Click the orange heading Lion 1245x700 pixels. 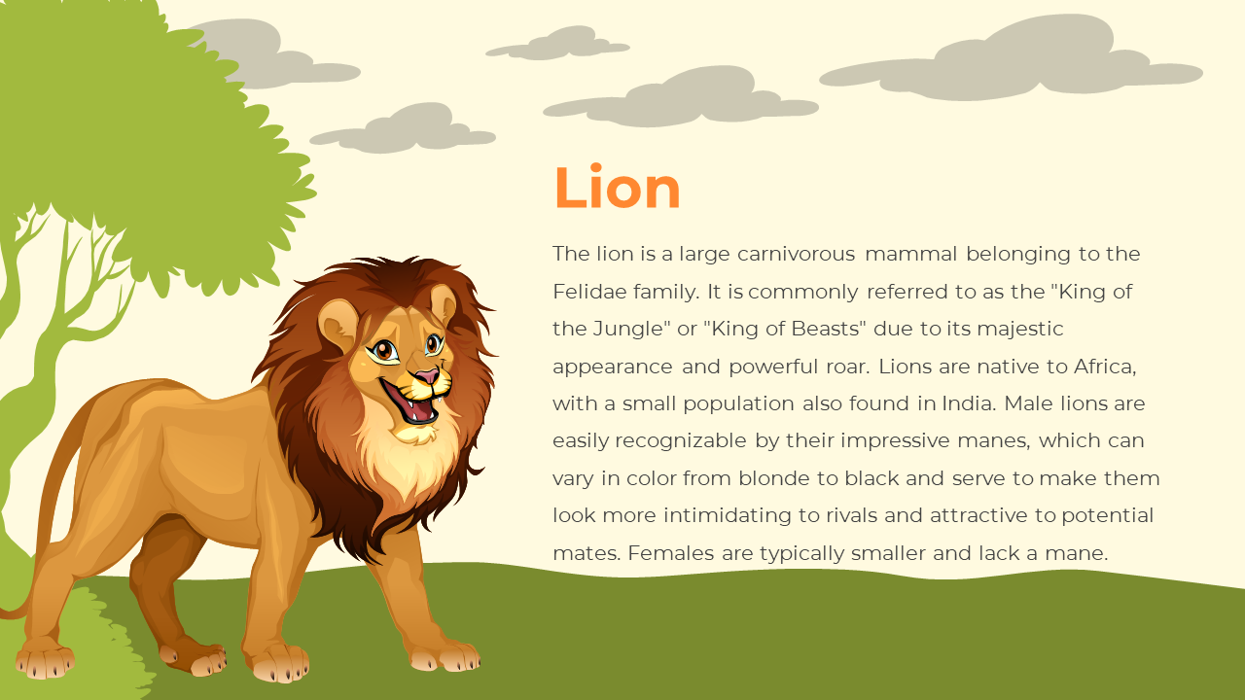coord(617,187)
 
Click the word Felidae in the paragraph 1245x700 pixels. coord(589,291)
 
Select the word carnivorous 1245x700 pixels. coord(796,254)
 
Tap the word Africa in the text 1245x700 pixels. coord(1104,367)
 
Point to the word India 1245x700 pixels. coord(966,403)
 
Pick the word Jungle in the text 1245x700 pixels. coord(628,330)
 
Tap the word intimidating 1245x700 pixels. coord(727,516)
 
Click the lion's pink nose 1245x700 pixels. coord(427,376)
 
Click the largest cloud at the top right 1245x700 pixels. coord(1012,58)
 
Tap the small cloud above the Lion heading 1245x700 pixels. coord(557,44)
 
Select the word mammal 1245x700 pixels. coord(911,254)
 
